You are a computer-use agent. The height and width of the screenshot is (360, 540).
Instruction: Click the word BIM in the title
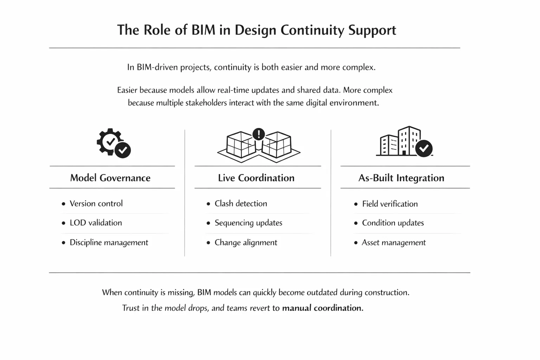pyautogui.click(x=203, y=30)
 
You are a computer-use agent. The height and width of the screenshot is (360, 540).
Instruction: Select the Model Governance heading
pyautogui.click(x=110, y=178)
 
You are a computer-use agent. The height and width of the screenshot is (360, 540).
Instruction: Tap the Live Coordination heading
pyautogui.click(x=256, y=178)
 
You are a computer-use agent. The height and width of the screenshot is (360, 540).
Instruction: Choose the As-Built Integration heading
pyautogui.click(x=401, y=178)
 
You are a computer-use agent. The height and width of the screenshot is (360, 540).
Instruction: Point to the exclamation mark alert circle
pyautogui.click(x=259, y=134)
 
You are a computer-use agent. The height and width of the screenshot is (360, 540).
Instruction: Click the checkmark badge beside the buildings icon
pyautogui.click(x=424, y=148)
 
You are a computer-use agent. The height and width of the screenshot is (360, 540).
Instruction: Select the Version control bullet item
pyautogui.click(x=96, y=204)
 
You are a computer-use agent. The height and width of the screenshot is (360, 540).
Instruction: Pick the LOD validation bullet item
pyautogui.click(x=96, y=223)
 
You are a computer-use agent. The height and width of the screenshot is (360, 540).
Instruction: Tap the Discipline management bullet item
pyautogui.click(x=109, y=243)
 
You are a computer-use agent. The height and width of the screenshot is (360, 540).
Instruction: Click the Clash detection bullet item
pyautogui.click(x=241, y=204)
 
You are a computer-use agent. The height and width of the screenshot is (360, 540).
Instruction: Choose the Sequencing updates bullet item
pyautogui.click(x=248, y=223)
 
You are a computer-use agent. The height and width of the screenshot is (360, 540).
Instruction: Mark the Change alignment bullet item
pyautogui.click(x=246, y=243)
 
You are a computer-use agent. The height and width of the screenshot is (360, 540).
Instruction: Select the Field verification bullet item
pyautogui.click(x=390, y=204)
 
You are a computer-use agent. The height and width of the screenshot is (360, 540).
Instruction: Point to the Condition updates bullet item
pyautogui.click(x=393, y=223)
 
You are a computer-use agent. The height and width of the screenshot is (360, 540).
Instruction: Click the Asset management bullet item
pyautogui.click(x=393, y=243)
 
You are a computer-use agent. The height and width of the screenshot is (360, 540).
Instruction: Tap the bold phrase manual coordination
pyautogui.click(x=322, y=308)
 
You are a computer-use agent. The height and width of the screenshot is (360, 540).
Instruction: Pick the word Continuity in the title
pyautogui.click(x=312, y=30)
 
